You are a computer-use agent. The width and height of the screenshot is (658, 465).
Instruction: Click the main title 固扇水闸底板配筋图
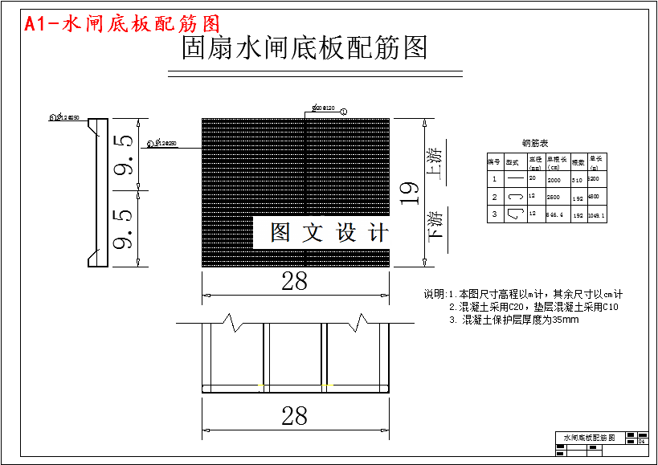tap(304, 49)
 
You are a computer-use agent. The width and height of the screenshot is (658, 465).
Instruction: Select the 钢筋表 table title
tap(534, 143)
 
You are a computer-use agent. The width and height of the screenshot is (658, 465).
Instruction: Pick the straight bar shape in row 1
tap(513, 179)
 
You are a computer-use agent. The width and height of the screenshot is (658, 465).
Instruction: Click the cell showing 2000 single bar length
tap(554, 181)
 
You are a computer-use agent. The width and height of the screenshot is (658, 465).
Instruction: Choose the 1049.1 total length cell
tap(597, 215)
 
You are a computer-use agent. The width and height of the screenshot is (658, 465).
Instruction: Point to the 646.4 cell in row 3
tap(554, 215)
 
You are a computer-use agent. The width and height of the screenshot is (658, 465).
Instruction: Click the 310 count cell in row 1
tap(577, 181)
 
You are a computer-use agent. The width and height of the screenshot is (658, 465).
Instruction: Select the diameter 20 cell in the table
tap(532, 177)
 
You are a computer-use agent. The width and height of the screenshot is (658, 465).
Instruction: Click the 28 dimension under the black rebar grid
tap(295, 280)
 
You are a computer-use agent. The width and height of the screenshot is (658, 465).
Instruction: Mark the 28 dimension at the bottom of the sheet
tap(295, 415)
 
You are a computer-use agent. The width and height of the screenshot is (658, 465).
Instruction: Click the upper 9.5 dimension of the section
tap(124, 156)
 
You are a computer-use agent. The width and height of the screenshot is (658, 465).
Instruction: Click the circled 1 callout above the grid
tap(344, 111)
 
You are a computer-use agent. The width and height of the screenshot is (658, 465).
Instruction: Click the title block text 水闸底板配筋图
tap(589, 438)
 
